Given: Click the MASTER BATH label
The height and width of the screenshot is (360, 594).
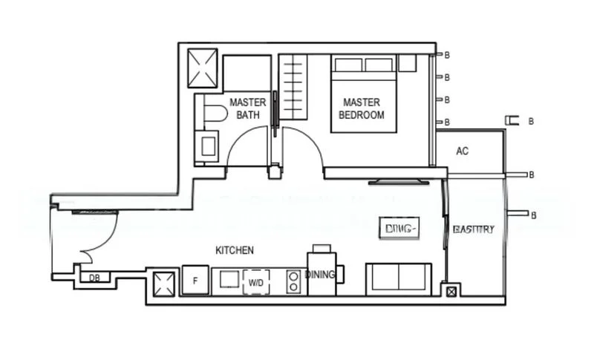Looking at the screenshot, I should point(247,108).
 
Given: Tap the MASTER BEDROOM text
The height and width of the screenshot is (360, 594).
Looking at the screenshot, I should point(362,108).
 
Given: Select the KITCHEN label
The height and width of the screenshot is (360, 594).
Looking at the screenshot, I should point(235,250).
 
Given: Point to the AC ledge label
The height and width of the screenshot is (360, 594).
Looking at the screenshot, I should point(462,151).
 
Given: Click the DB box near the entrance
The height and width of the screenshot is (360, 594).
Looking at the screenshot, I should point(94,278).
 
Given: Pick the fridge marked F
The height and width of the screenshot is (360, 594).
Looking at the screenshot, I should point(195,281).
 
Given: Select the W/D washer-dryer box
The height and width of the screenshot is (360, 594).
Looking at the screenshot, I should point(255,282).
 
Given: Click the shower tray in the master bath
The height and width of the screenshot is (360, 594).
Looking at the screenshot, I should point(203,68).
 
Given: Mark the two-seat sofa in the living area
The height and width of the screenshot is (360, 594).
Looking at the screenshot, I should point(399,277).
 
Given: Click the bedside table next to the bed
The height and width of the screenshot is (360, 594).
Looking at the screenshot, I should point(407,63).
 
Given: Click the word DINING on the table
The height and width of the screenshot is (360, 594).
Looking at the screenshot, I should point(320,275).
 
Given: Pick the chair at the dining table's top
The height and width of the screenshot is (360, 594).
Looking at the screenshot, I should point(322,248).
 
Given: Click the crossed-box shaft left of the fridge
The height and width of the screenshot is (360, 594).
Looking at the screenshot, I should point(163,282).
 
